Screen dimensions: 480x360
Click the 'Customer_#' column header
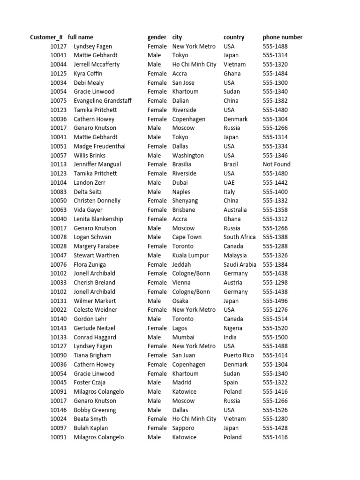(x=46, y=37)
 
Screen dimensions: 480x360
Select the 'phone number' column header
(x=282, y=37)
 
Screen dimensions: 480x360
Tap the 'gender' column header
(x=157, y=37)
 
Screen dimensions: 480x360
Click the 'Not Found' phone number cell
(x=277, y=165)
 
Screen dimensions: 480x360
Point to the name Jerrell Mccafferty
(x=97, y=65)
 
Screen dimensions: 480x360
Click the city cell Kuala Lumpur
(x=190, y=255)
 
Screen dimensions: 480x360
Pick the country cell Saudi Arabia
(x=240, y=265)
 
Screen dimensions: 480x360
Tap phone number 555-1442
(x=275, y=183)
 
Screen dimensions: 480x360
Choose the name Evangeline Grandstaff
(x=103, y=101)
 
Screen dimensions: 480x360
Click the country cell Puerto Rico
(x=239, y=355)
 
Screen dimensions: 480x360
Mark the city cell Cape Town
(x=187, y=237)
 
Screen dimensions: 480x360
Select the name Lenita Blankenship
(x=98, y=219)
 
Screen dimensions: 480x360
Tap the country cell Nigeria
(x=233, y=328)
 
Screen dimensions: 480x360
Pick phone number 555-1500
(x=275, y=337)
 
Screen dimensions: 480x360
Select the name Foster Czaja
(x=90, y=382)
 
